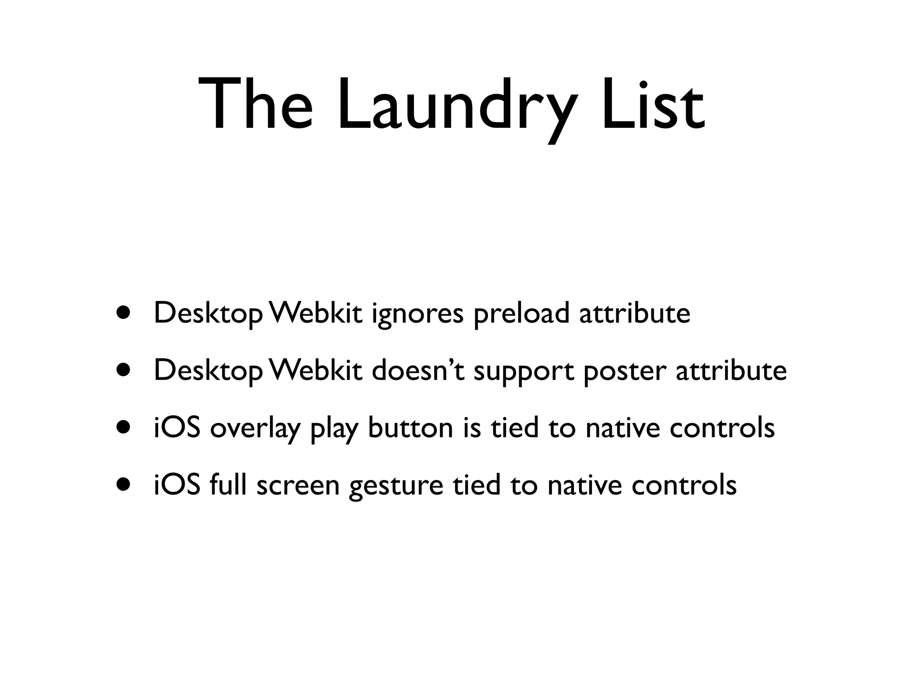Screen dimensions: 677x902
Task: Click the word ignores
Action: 418,314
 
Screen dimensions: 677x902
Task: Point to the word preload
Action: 521,314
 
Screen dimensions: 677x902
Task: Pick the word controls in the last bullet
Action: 684,485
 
